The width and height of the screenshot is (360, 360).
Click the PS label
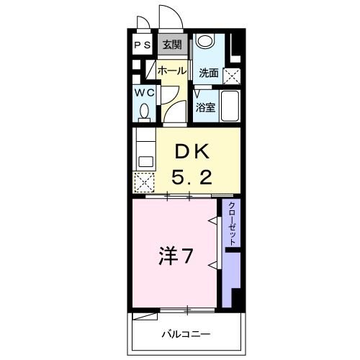(143, 45)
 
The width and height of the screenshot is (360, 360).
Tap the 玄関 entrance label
(171, 45)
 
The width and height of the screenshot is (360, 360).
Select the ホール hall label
(171, 71)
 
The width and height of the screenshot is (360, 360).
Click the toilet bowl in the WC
(143, 112)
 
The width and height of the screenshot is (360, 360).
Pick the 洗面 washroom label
(209, 72)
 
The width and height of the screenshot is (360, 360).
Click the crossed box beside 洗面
(230, 74)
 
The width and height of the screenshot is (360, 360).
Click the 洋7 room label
(175, 256)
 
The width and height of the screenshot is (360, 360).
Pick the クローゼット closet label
(231, 224)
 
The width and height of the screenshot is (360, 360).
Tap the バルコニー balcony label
(185, 335)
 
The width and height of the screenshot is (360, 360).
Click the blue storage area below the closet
(230, 277)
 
